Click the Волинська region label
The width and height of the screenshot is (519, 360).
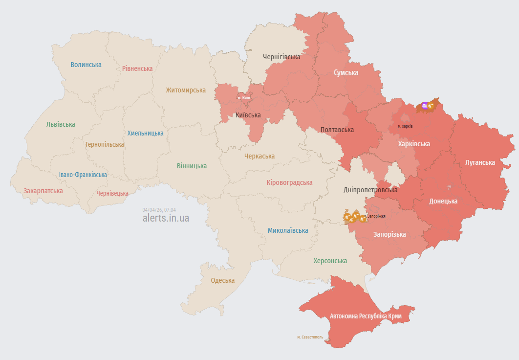coord(86,65)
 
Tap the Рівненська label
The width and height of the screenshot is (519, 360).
coord(137,68)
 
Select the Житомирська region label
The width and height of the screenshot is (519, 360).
coord(186,90)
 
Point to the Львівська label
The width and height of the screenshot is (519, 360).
coord(61,124)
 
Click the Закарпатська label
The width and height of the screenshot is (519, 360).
coord(43,191)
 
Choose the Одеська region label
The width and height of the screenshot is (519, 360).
coord(222,280)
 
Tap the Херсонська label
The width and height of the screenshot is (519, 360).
coord(330,261)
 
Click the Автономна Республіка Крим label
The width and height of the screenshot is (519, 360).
coord(366,316)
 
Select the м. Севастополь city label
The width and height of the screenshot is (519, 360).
coord(310,337)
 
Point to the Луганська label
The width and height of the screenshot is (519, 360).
coord(480,162)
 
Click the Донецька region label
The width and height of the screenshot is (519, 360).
coord(443,201)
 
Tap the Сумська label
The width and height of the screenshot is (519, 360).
coord(346,72)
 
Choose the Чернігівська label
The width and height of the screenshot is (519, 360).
coord(281,57)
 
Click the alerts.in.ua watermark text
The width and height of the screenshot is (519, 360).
coord(166,218)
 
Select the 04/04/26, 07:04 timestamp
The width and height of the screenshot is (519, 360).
coord(159,210)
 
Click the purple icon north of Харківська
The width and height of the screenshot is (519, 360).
coord(424,105)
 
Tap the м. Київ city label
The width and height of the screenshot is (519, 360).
coord(244,98)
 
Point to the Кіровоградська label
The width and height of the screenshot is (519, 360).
coord(289,182)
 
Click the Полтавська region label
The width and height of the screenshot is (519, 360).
coord(337,130)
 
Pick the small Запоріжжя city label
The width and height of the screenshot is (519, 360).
coord(376,216)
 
